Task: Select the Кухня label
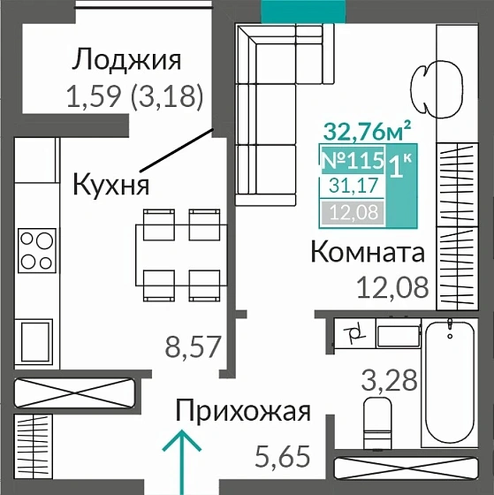click(x=110, y=185)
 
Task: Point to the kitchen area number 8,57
click(x=192, y=345)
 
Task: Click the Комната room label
click(x=367, y=253)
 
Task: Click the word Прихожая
click(x=243, y=411)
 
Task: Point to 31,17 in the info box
click(x=351, y=186)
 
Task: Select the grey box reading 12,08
click(x=351, y=211)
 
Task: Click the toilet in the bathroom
click(x=378, y=423)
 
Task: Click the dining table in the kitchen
click(x=180, y=255)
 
